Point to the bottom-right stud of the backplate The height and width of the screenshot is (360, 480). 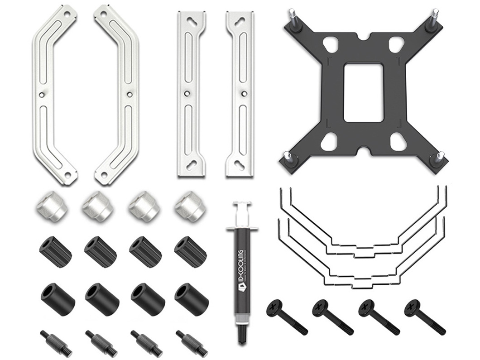439,158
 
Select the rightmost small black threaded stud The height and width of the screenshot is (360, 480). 189,342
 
